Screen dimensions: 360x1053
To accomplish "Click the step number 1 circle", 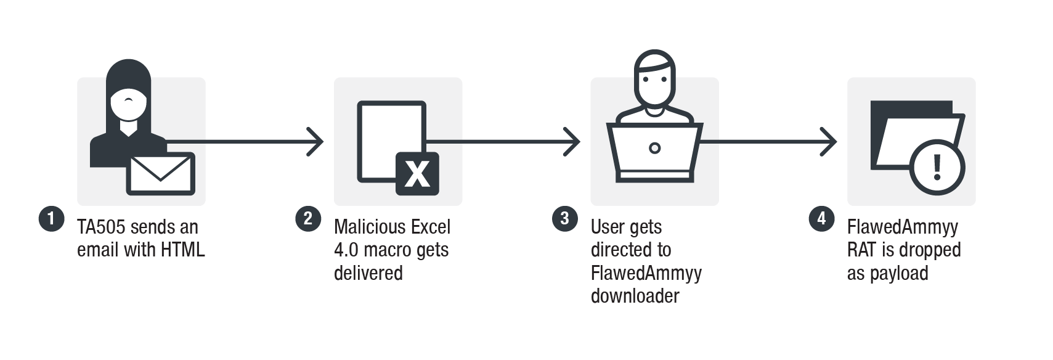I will [x=51, y=219].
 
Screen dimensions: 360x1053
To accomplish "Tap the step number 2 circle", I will [x=308, y=219].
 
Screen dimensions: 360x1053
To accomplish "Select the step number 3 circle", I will [x=564, y=219].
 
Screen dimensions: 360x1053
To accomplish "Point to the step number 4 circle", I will [x=821, y=219].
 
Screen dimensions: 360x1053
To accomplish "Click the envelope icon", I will [x=160, y=173].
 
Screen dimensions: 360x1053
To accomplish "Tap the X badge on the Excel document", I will [x=417, y=173].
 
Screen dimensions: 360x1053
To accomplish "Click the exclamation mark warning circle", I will [x=937, y=166].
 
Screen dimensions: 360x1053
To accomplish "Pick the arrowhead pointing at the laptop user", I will [x=573, y=142].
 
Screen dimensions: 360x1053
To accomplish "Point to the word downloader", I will [x=635, y=296].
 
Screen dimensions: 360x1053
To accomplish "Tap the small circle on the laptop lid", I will [x=655, y=148].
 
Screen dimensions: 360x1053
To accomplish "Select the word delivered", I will [x=368, y=273].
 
